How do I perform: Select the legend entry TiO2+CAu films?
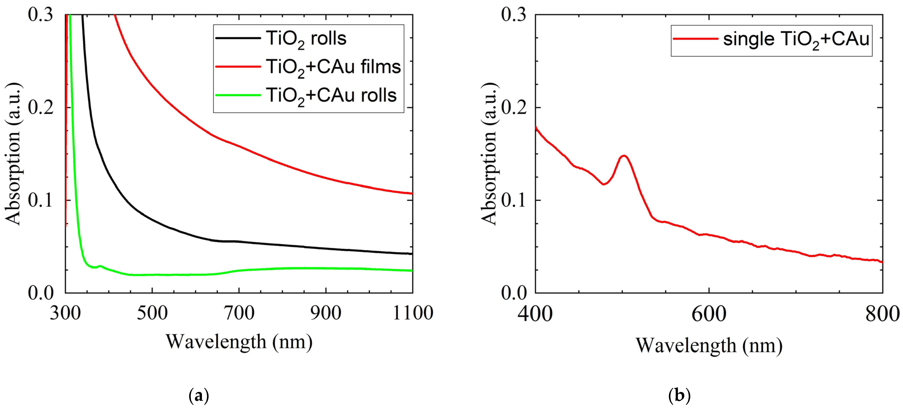(333, 67)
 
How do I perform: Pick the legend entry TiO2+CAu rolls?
(331, 95)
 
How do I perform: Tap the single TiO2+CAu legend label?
(796, 39)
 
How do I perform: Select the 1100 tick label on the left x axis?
(413, 313)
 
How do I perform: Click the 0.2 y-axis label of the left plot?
(41, 107)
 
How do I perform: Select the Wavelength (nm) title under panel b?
(709, 345)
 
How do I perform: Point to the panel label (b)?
(679, 396)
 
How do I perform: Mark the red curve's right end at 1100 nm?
(412, 193)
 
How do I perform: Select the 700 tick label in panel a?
(239, 313)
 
